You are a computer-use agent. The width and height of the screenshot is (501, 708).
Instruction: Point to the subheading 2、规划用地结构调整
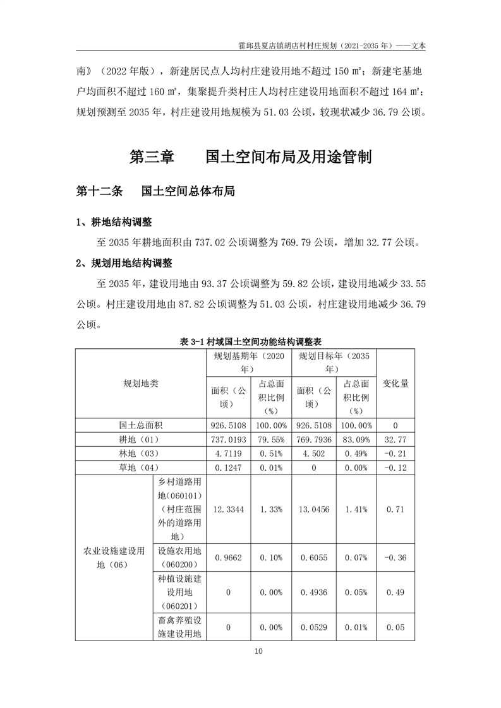123,263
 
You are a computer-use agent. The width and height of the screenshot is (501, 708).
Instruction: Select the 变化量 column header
395,383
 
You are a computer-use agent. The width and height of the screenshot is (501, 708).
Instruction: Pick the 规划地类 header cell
141,383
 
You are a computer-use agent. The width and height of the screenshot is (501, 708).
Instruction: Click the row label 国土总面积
141,425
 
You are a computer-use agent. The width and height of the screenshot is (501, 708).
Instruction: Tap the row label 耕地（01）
141,440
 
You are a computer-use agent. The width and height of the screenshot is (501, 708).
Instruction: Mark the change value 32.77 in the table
395,440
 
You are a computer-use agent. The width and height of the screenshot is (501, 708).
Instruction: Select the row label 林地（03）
141,454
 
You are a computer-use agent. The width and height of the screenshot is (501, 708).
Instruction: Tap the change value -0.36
395,557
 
